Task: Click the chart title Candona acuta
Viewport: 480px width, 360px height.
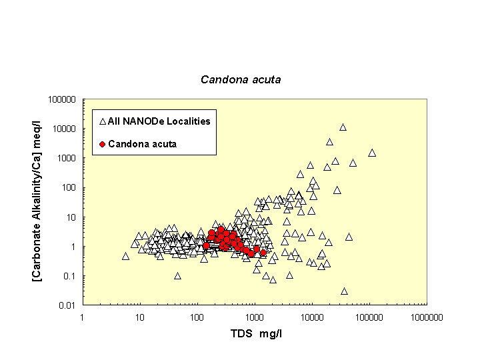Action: coord(241,79)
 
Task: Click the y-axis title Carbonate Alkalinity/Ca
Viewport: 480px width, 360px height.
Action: coord(38,203)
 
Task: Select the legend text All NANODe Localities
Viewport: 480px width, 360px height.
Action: coord(159,121)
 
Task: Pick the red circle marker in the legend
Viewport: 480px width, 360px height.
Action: coord(102,144)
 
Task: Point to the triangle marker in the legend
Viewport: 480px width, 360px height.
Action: coord(102,122)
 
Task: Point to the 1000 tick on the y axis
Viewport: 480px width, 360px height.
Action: coord(65,159)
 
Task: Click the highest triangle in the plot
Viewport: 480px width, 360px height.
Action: coord(343,127)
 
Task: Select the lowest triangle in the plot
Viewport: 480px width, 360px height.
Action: coord(345,291)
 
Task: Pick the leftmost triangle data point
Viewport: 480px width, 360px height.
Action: coord(125,256)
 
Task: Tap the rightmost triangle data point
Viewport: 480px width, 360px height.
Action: coord(372,153)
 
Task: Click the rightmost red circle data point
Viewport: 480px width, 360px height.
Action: coord(263,253)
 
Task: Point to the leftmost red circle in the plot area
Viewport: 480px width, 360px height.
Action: coord(206,245)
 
